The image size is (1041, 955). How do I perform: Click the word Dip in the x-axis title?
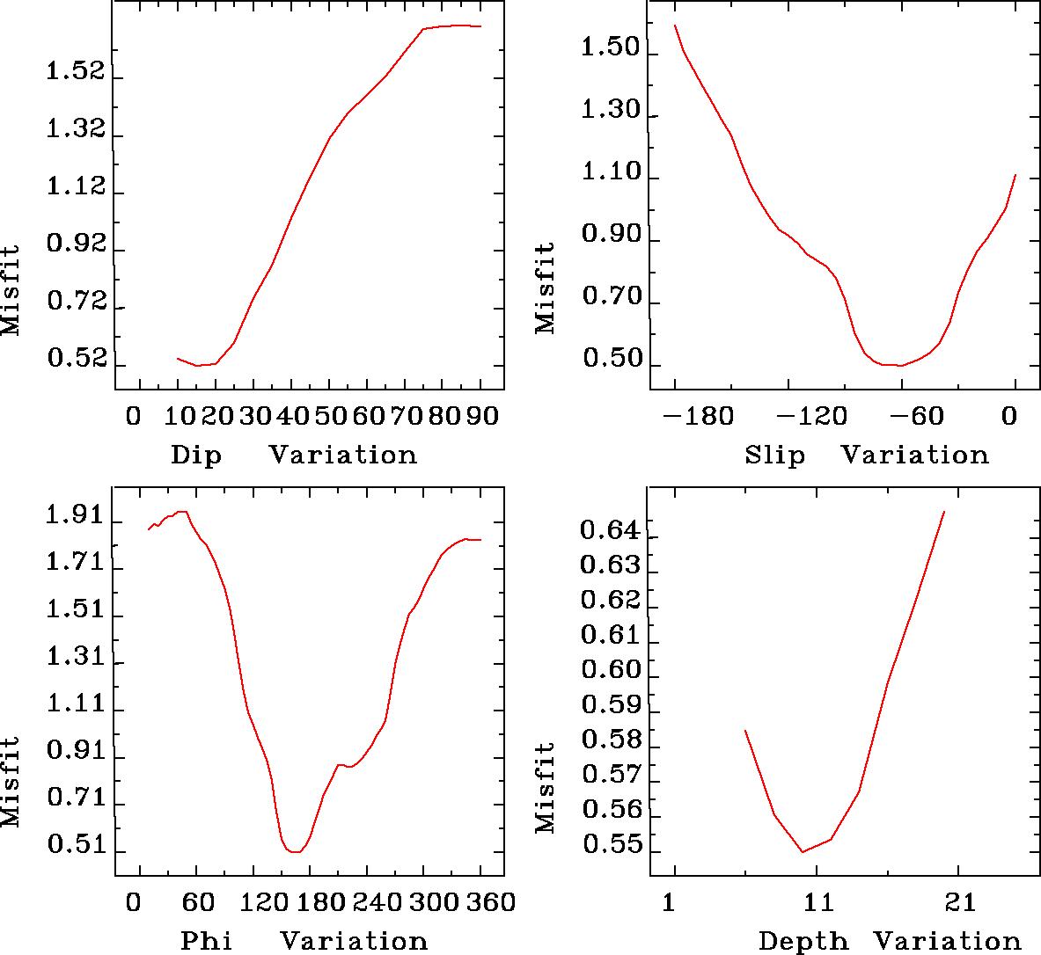point(196,456)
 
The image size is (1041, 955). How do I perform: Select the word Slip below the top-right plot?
point(774,456)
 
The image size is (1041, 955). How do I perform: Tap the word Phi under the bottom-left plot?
point(207,941)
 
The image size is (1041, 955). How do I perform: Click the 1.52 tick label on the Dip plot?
point(76,72)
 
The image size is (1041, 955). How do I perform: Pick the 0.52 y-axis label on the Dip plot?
point(76,361)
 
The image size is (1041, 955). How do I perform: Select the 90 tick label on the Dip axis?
point(482,415)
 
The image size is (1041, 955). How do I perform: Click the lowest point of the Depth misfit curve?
point(803,851)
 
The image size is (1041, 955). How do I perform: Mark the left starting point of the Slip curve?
point(675,25)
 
